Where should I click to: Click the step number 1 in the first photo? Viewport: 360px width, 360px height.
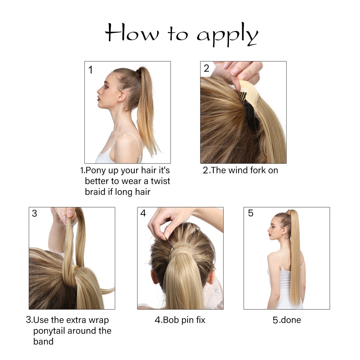90,70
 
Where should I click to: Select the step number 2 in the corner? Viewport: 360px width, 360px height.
206,68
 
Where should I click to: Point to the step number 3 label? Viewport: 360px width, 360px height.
34,213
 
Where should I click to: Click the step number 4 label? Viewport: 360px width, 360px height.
143,213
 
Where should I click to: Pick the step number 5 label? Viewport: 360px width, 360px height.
251,213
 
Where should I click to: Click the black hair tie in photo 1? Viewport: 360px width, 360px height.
139,72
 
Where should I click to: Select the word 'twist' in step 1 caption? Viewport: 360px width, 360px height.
160,181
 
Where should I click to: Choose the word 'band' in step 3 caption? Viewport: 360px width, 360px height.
43,342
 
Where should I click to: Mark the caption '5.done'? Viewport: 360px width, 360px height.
286,320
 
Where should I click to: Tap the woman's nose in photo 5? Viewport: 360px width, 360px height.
268,230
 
